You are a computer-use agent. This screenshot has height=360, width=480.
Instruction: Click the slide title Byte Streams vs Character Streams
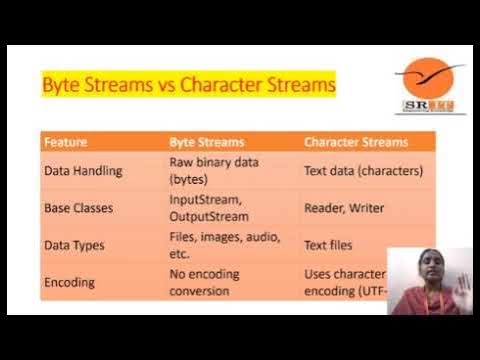coord(188,85)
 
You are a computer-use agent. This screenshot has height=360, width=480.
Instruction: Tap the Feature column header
coord(66,142)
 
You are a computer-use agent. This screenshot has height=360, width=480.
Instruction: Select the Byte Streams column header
coord(208,142)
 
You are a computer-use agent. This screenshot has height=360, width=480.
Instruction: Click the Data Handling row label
coord(83,170)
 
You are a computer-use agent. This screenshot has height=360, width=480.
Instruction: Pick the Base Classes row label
coord(81,208)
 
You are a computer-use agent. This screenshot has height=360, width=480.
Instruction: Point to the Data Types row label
coord(75,245)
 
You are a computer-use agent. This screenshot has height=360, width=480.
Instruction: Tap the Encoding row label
coord(69,283)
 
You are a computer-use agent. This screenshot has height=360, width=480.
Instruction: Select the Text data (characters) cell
coord(363,170)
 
